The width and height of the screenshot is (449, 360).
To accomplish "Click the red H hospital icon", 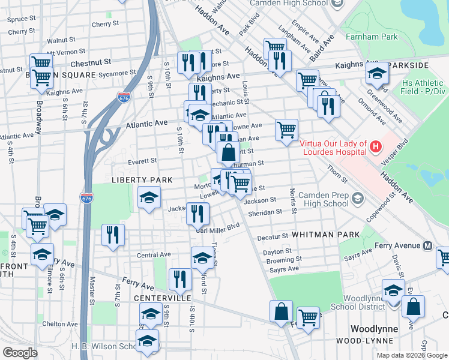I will (x=376, y=146).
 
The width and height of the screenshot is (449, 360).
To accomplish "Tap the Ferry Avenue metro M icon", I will (x=429, y=245).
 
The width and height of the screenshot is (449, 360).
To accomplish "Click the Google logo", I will (x=20, y=353).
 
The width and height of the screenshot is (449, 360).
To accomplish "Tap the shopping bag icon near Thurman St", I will (x=228, y=152).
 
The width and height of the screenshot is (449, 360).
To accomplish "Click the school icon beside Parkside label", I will (x=376, y=74).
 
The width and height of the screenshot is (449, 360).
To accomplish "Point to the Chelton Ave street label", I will (x=60, y=324).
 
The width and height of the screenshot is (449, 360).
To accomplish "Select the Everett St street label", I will (x=142, y=161).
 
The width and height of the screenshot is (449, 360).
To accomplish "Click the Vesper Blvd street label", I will (x=402, y=148).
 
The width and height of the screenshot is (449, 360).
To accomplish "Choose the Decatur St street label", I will (x=273, y=237).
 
